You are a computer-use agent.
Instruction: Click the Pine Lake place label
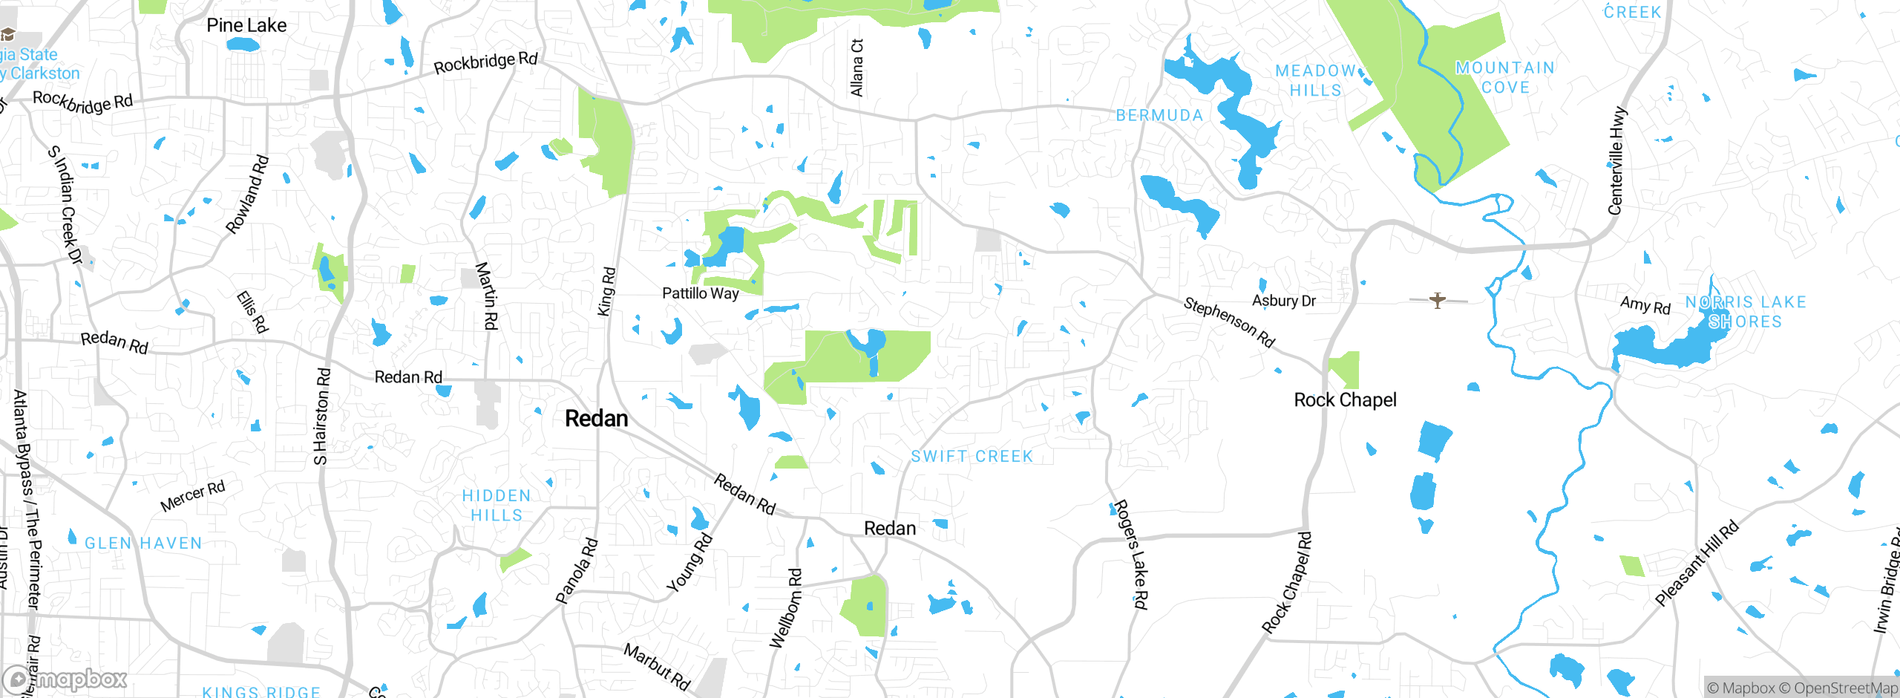click(x=246, y=25)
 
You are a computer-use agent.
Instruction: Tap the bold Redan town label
click(x=596, y=419)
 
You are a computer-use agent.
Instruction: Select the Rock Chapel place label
click(x=1345, y=400)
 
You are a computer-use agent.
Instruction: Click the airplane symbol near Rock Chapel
click(x=1438, y=300)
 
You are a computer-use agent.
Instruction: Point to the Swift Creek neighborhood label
click(x=972, y=457)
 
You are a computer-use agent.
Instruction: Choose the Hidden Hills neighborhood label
click(x=497, y=506)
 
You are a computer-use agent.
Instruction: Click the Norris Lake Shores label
click(x=1745, y=312)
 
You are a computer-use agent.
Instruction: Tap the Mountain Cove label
click(x=1505, y=78)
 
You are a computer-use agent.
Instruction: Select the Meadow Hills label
click(x=1316, y=80)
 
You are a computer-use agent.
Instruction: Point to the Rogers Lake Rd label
click(x=1132, y=554)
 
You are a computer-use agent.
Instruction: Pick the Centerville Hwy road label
click(x=1617, y=161)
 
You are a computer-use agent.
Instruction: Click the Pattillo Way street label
click(x=700, y=293)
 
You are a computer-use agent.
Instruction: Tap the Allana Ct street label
click(x=857, y=68)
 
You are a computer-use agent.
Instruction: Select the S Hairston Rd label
click(x=322, y=417)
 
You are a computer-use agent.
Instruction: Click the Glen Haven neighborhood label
click(x=143, y=544)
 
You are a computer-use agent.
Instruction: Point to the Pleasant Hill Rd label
click(x=1697, y=564)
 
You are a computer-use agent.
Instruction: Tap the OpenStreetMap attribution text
click(x=1845, y=688)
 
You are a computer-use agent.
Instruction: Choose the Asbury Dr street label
click(x=1283, y=301)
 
